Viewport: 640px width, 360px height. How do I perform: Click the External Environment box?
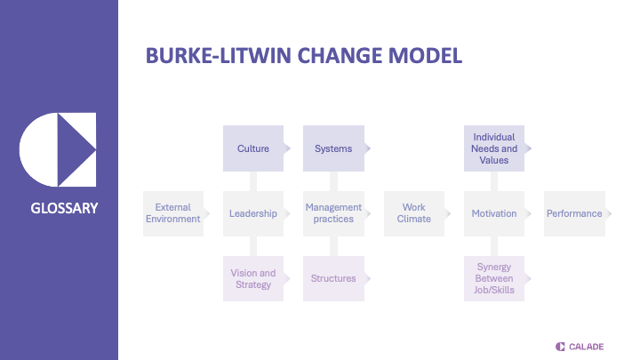pyautogui.click(x=173, y=213)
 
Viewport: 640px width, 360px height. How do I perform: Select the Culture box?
pyautogui.click(x=253, y=148)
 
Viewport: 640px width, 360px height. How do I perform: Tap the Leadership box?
pyautogui.click(x=253, y=213)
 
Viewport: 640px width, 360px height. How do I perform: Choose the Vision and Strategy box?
pyautogui.click(x=253, y=278)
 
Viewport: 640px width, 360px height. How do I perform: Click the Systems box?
pyautogui.click(x=333, y=148)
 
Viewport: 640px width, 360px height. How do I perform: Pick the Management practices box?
pyautogui.click(x=333, y=213)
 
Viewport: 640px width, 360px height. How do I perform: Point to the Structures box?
pyautogui.click(x=333, y=278)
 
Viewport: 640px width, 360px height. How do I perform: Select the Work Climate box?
pyautogui.click(x=414, y=213)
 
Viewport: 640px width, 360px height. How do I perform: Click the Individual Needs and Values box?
pyautogui.click(x=494, y=148)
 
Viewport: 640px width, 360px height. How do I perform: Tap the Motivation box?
pyautogui.click(x=494, y=213)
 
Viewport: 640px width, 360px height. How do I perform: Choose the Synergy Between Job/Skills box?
pyautogui.click(x=494, y=278)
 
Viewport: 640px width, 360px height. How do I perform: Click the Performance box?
pyautogui.click(x=574, y=213)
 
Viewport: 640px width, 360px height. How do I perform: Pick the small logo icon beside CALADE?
pyautogui.click(x=560, y=346)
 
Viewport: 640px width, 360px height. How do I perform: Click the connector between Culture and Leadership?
pyautogui.click(x=253, y=181)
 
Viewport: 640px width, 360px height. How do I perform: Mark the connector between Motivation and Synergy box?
pyautogui.click(x=494, y=246)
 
